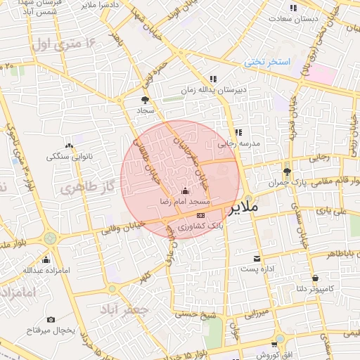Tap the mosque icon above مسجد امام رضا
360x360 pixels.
[x=185, y=191]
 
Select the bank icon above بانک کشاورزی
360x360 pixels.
[x=201, y=215]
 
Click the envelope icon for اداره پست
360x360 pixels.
[x=255, y=258]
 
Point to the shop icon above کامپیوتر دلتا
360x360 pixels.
[x=314, y=278]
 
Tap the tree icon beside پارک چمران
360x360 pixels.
[x=286, y=172]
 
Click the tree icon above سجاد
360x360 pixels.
[x=146, y=100]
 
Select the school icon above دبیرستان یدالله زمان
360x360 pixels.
[x=213, y=79]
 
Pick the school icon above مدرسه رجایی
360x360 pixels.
[x=238, y=131]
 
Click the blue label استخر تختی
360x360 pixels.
[x=268, y=62]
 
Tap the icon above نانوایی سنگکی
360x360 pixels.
[x=69, y=145]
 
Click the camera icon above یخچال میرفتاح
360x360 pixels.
[x=50, y=320]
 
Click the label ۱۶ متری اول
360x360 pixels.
[x=64, y=45]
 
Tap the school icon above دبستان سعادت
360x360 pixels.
[x=292, y=8]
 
